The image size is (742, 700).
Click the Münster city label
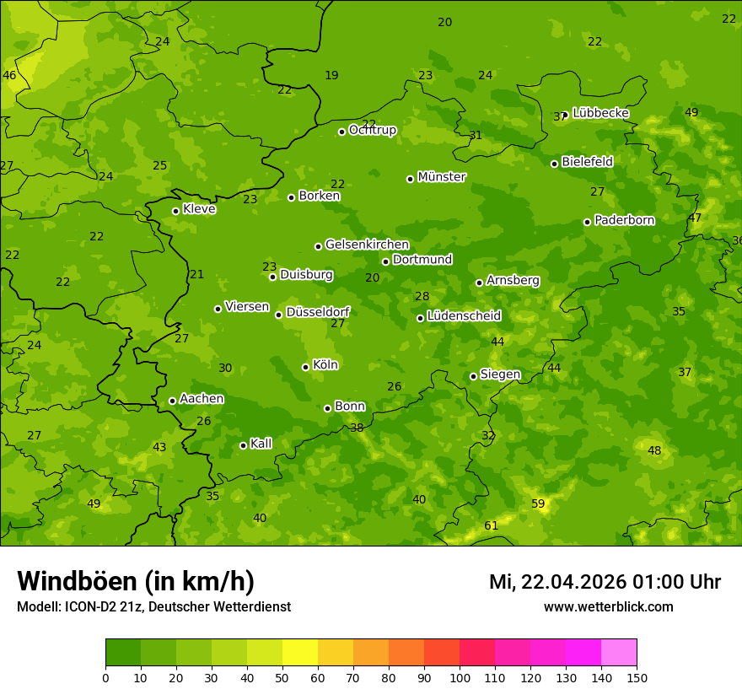pos(441,177)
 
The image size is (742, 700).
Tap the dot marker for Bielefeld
pos(554,164)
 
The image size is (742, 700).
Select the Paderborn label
pos(624,220)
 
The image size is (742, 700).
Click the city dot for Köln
pos(305,367)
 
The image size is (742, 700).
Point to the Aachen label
pos(202,399)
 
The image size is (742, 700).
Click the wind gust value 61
pos(491,525)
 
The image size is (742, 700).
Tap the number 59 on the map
pos(538,503)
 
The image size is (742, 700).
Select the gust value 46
pos(9,75)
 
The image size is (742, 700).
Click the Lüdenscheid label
pos(464,316)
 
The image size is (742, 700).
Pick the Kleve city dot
pos(175,211)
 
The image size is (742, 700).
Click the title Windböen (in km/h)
pos(136,581)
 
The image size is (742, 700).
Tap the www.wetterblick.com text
pos(608,606)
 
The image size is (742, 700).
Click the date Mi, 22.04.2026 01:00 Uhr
pos(605,582)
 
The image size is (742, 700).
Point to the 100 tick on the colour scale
pos(460,677)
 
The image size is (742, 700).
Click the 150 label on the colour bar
pos(637,677)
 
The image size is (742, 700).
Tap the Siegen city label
pos(500,374)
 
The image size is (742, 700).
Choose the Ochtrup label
pos(372,130)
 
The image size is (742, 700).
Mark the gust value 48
pos(654,450)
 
